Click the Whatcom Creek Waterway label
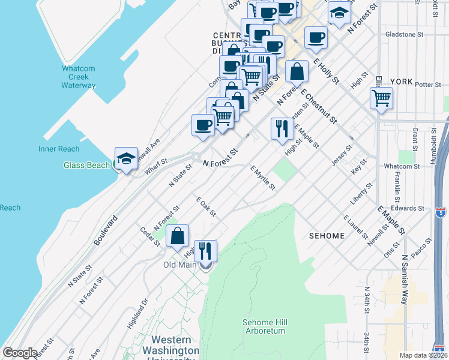point(78,77)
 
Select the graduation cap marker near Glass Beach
point(126,159)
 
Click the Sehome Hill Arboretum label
point(265,326)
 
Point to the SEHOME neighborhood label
point(327,236)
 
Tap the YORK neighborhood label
point(401,81)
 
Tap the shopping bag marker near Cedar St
point(178,236)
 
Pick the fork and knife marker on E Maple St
point(280,128)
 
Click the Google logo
point(20,353)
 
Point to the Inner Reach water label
point(59,149)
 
